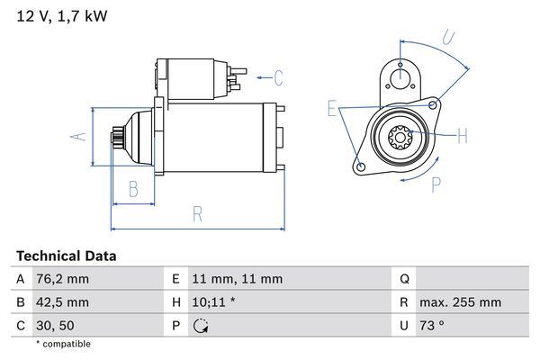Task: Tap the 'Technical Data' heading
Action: [67, 256]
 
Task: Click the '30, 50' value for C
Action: [56, 325]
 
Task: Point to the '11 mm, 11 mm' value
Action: [238, 280]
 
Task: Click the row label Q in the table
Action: [404, 280]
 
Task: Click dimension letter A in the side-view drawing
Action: [78, 136]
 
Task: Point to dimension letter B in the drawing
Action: [133, 188]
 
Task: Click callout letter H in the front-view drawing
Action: [462, 137]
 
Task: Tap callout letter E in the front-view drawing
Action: [332, 110]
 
